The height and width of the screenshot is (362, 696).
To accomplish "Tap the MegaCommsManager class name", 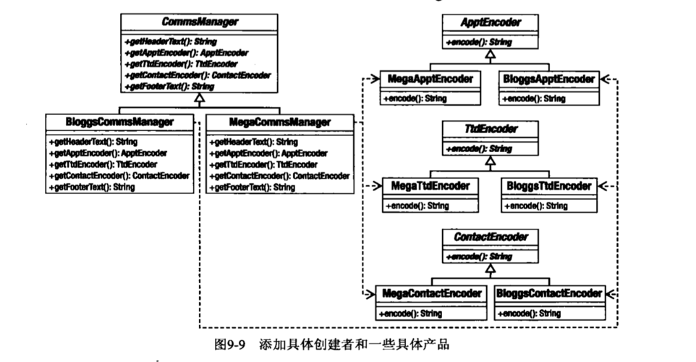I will (279, 122).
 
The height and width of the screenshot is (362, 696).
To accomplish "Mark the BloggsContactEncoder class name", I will (549, 293).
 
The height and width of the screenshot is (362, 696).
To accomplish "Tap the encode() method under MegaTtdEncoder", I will (417, 206).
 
